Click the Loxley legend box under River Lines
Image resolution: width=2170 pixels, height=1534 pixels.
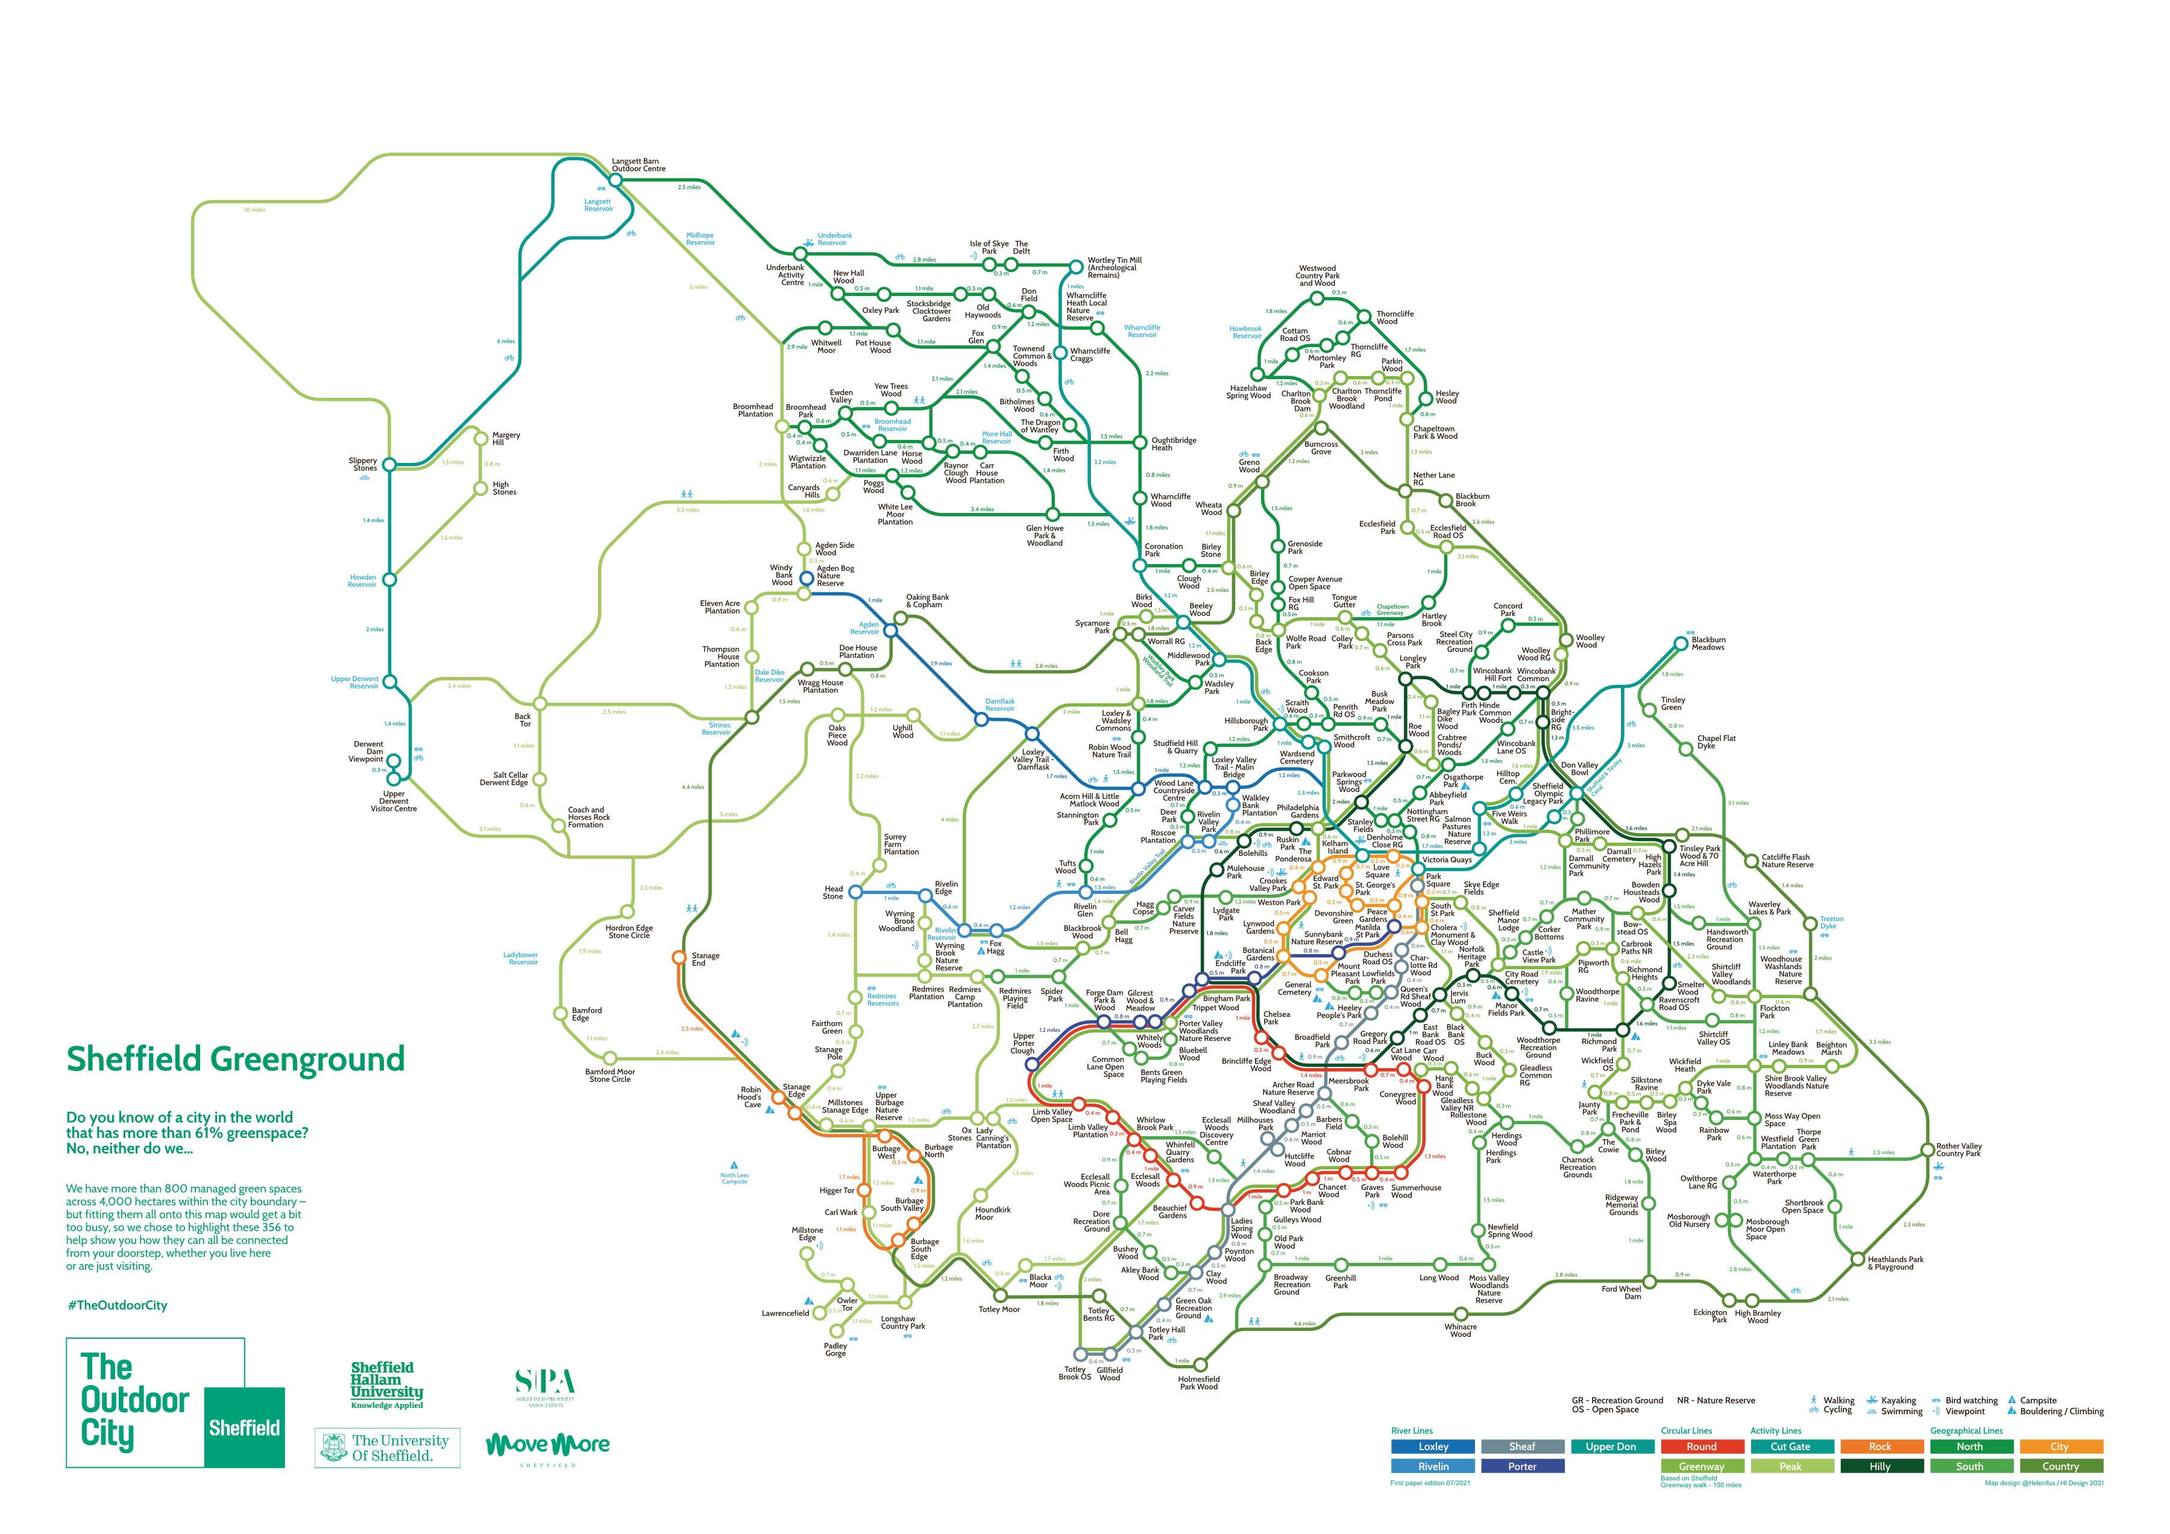click(x=1433, y=1446)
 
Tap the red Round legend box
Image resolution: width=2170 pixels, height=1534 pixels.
click(x=1701, y=1446)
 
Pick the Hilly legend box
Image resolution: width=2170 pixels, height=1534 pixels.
click(x=1880, y=1466)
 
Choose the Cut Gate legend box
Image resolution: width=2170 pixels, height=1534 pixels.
click(x=1790, y=1446)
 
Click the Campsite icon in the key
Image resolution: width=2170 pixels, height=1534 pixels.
click(x=2013, y=1400)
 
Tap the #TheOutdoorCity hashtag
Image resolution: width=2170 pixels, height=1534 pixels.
click(x=117, y=1306)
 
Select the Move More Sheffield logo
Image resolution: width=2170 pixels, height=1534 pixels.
click(x=547, y=1446)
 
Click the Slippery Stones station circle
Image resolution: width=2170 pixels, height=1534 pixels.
click(x=388, y=464)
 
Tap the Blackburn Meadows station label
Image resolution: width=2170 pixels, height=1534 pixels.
click(x=1708, y=644)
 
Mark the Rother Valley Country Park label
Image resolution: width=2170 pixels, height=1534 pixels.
click(x=1958, y=1149)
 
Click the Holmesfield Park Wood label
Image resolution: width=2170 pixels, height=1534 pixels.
click(x=1198, y=1383)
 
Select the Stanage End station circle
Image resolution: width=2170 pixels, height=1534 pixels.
click(x=679, y=957)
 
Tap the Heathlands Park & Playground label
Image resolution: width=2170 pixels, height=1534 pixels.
click(x=1895, y=1263)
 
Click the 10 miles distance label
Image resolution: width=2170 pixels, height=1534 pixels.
click(x=254, y=210)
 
